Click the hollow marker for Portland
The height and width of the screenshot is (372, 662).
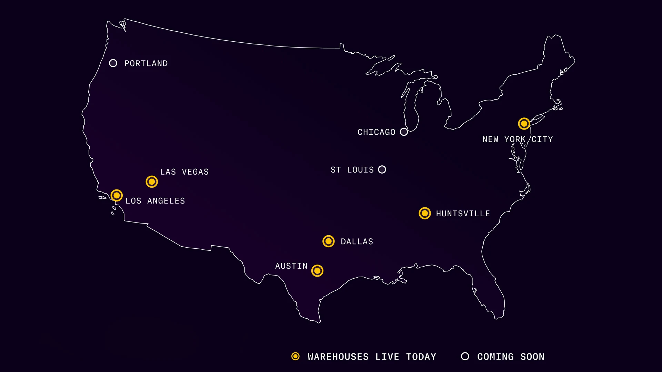pos(113,63)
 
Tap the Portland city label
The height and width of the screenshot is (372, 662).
pos(146,63)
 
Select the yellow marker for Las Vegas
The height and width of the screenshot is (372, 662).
pos(152,182)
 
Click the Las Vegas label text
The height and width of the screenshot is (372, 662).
pos(184,172)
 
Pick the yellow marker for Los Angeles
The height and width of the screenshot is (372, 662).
pos(117,196)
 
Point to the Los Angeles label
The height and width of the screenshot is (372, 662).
pos(155,201)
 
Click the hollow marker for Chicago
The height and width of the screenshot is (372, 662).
pos(404,132)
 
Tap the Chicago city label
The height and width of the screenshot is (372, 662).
pos(376,132)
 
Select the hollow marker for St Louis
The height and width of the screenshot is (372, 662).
pos(382,169)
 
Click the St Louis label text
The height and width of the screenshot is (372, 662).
pos(352,170)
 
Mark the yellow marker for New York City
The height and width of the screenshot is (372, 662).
pos(524,123)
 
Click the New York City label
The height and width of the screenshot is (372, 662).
pos(518,139)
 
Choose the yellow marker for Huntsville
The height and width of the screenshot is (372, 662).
pos(425,213)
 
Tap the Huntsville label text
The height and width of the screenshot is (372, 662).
pos(463,214)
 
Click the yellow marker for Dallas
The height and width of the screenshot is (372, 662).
pos(329,241)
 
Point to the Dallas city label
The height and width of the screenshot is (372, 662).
pos(357,242)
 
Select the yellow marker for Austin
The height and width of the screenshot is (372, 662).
pos(317,271)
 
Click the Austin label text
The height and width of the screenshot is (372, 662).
pos(291,266)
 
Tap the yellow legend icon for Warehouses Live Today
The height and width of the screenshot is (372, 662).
pos(295,356)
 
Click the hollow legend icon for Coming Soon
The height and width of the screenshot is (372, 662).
pos(465,356)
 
